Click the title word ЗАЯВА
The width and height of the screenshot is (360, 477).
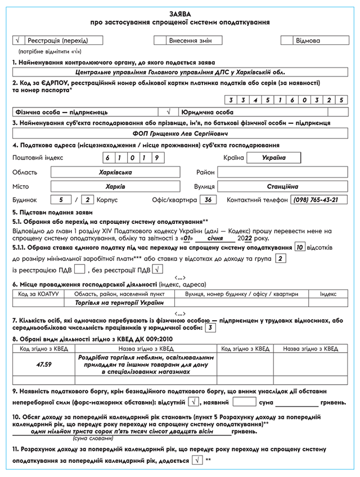(180, 12)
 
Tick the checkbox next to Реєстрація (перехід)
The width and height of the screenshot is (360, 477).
(18, 40)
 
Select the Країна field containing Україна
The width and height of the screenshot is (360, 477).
(273, 157)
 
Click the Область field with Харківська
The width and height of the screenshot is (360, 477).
(119, 172)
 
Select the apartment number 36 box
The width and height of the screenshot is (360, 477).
(208, 200)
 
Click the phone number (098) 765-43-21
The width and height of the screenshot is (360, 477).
(318, 200)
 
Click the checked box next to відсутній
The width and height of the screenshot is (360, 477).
(194, 402)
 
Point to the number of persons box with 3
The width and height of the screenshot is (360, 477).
(210, 328)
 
